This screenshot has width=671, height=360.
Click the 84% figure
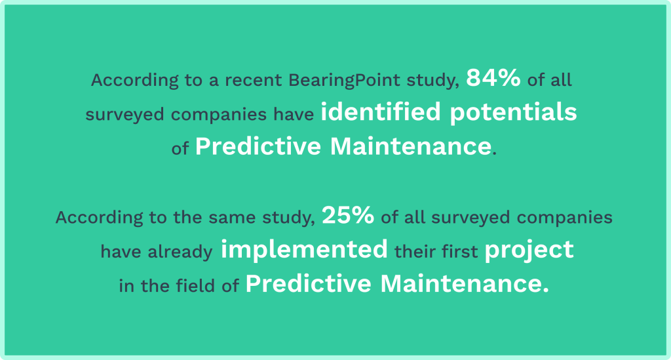493,78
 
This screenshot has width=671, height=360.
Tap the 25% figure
348,215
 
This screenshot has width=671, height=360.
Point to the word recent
254,81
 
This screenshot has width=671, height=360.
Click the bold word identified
381,111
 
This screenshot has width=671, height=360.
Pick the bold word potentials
514,113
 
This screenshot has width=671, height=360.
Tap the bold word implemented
304,250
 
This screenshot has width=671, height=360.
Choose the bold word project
529,250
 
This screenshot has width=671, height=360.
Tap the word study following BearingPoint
433,81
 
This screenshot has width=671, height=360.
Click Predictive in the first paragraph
258,146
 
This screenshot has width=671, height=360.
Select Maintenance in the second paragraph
465,284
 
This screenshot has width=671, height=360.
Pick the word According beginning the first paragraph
135,81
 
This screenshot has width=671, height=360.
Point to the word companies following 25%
564,218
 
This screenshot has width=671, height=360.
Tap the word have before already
121,252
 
